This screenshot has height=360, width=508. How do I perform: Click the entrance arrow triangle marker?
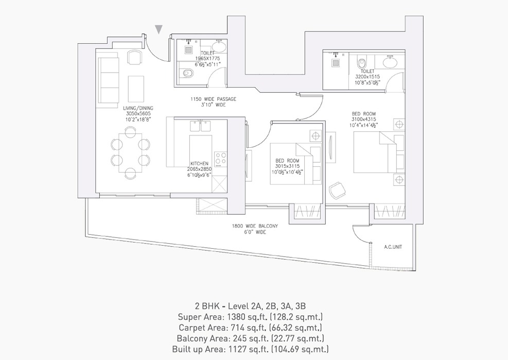pos(160,29)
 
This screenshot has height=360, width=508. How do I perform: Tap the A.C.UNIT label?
pos(393,247)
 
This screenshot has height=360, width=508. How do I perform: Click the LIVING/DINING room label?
pos(138,108)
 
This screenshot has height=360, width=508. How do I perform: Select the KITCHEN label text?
pos(199,164)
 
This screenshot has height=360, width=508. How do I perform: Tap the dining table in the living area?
pos(129,152)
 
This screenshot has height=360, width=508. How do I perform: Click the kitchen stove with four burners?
pos(220,159)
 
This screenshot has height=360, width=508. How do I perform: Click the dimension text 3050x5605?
pos(138,114)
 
